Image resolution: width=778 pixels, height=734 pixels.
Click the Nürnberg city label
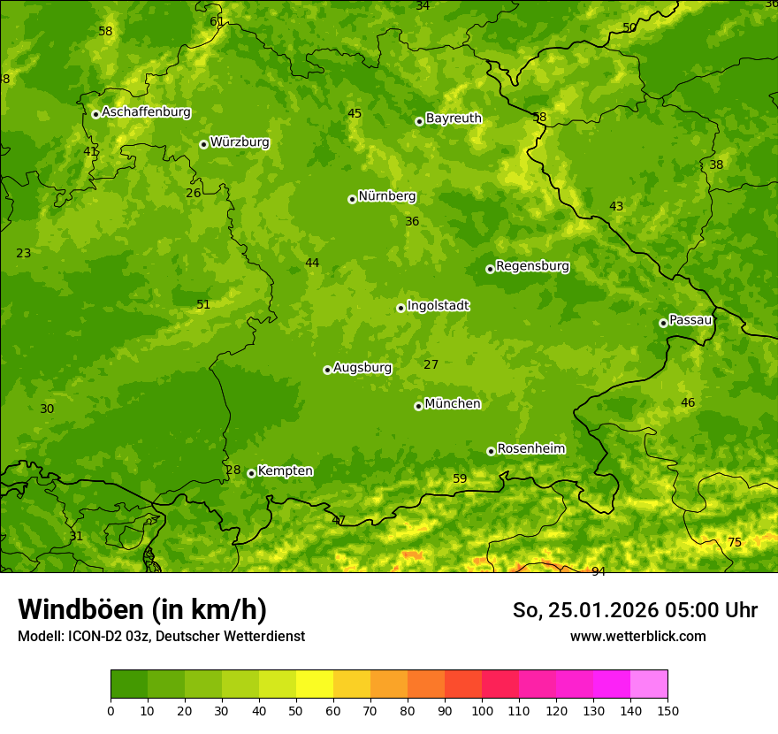click(386, 196)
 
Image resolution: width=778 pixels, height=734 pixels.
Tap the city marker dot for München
click(418, 406)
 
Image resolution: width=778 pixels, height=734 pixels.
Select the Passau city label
click(690, 320)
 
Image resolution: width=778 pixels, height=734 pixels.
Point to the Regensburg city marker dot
click(490, 269)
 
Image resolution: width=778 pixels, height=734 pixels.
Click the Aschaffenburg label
click(146, 112)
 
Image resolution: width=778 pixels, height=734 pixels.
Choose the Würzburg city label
click(240, 142)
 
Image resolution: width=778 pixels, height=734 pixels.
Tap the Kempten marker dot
click(251, 473)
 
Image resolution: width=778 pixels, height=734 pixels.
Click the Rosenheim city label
click(530, 449)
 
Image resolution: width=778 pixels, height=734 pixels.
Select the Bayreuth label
click(454, 119)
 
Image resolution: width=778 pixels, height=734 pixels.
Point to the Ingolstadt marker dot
click(400, 308)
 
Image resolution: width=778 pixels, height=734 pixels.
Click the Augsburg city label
click(362, 368)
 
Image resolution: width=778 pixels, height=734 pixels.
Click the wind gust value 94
click(599, 571)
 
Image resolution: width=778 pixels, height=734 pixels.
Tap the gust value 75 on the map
click(735, 542)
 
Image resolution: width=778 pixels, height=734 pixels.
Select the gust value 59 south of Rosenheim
click(460, 479)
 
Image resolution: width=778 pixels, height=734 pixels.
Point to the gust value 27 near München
click(431, 365)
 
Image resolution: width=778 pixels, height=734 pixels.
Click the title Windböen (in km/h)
click(142, 609)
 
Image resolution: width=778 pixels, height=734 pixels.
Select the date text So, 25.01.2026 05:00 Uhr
click(635, 610)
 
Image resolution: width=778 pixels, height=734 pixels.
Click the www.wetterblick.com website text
click(637, 637)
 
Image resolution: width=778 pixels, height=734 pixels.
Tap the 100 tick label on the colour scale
click(482, 710)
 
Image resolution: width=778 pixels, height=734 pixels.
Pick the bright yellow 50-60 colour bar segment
click(315, 684)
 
